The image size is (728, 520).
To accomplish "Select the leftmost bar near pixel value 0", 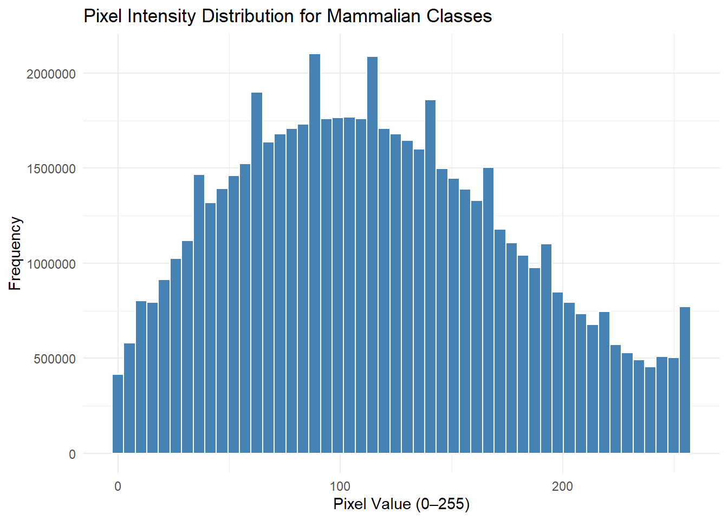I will point(118,414).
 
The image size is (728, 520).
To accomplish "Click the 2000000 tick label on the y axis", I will point(51,74).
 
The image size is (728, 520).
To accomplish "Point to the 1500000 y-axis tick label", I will point(51,169).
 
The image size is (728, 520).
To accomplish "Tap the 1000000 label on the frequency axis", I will point(51,264).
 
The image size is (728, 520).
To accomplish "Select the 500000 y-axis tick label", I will point(55,359).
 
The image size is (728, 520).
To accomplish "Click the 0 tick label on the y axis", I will point(72,454).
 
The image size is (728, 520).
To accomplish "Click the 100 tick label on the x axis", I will point(340,486).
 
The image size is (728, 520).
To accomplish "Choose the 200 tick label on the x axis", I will point(562,486).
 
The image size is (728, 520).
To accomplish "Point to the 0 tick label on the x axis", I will point(118,486).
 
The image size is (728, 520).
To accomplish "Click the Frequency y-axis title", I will point(15,253).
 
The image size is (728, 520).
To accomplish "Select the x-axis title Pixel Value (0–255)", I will point(401,504).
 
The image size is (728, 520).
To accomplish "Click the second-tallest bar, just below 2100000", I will point(372,255).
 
